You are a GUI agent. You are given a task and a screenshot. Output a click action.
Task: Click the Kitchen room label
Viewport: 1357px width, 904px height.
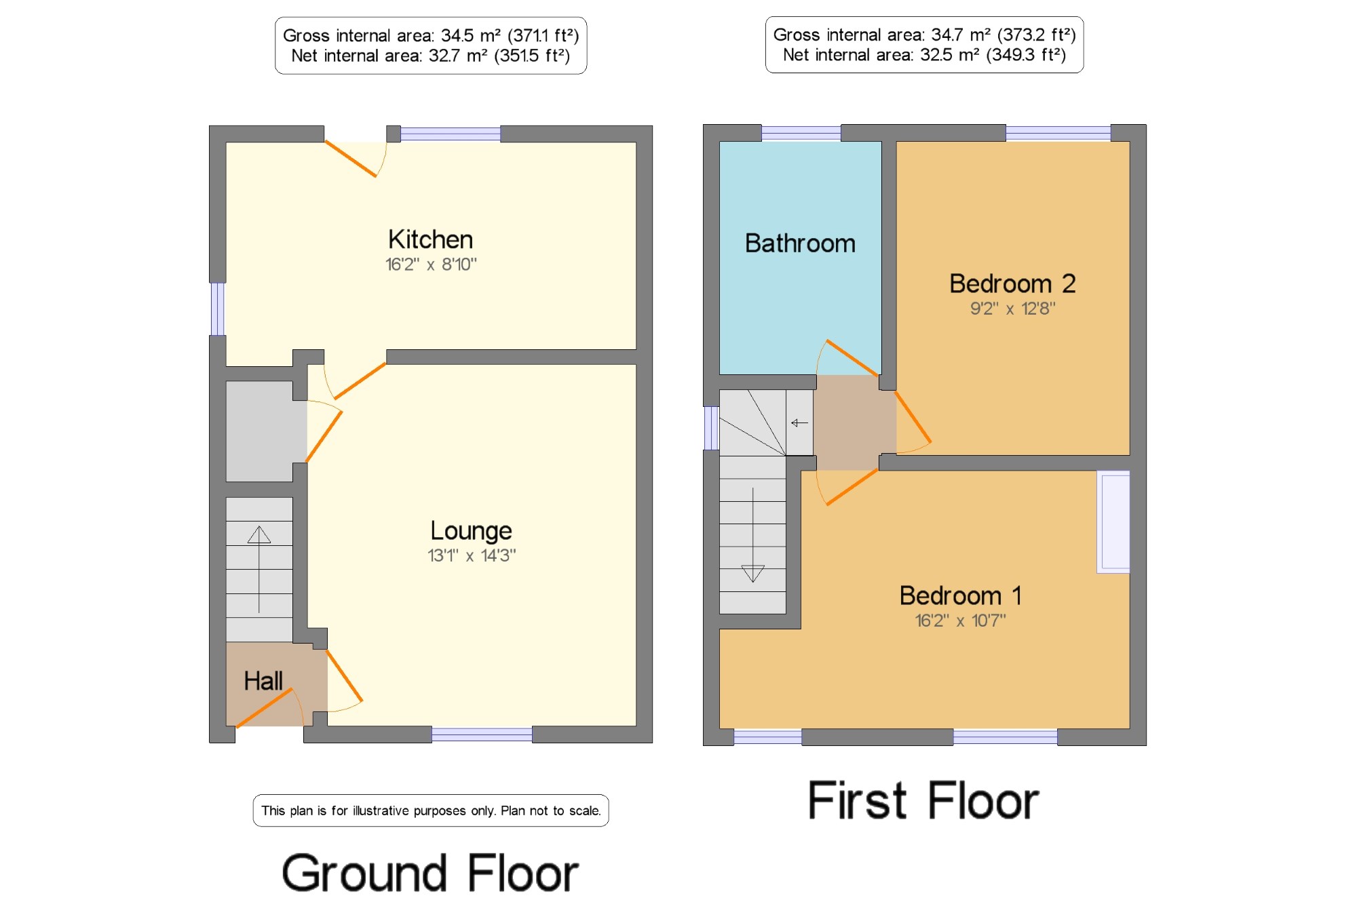430,239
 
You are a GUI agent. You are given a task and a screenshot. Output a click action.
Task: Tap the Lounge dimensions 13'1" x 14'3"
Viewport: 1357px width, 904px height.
472,555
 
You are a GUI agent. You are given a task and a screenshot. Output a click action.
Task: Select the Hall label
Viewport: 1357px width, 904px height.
263,681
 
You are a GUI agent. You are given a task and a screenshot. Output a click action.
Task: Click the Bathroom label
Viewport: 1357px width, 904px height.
800,243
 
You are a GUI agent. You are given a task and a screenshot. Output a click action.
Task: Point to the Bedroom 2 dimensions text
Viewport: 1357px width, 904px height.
1012,309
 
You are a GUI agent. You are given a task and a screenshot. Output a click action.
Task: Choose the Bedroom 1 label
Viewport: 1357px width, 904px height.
960,595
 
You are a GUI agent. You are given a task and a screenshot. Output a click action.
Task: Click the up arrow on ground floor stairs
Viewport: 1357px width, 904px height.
259,569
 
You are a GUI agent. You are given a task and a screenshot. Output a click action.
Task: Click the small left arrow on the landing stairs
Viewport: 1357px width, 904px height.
799,422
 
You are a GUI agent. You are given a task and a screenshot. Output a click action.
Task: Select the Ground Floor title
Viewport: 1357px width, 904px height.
430,873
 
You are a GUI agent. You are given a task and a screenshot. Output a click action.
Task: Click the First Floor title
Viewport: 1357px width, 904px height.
923,801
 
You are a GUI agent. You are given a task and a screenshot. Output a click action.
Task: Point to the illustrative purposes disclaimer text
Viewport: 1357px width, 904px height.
431,810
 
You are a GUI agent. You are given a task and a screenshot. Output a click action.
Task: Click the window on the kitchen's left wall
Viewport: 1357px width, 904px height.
217,309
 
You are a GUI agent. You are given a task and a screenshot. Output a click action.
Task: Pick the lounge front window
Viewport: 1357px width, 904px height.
482,734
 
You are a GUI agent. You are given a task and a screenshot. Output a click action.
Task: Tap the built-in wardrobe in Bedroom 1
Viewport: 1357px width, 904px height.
1113,522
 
